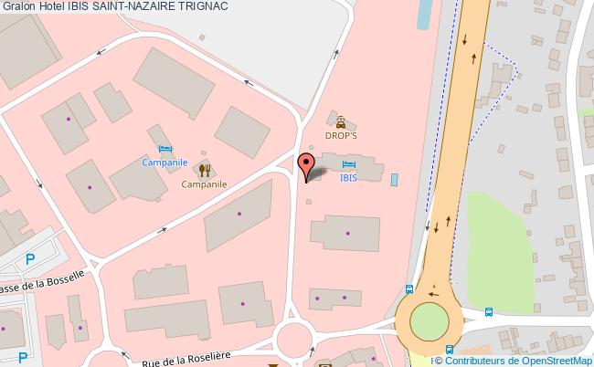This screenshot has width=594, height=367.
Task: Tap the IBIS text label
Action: [x=348, y=178]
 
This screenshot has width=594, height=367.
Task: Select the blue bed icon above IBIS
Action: [x=348, y=164]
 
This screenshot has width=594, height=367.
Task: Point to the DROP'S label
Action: [x=340, y=134]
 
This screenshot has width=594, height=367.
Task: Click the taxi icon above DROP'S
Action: [x=340, y=121]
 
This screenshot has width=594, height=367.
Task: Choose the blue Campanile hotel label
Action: [x=164, y=163]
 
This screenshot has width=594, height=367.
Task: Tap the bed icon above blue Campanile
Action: [x=164, y=149]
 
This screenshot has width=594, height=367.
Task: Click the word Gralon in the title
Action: [x=19, y=7]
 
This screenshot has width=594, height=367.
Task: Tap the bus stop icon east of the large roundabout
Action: [x=489, y=311]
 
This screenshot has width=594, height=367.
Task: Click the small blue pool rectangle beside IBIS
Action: [x=394, y=179]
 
